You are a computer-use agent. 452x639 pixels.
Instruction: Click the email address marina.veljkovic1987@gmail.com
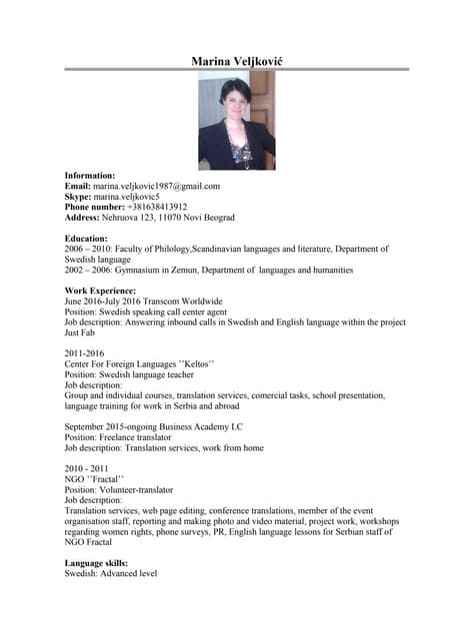pyautogui.click(x=156, y=186)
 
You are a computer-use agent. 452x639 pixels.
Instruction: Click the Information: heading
pyautogui.click(x=90, y=175)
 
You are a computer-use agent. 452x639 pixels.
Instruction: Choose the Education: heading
pyautogui.click(x=86, y=239)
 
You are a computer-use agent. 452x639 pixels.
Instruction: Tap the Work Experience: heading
pyautogui.click(x=100, y=291)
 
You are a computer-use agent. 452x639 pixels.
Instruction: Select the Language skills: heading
pyautogui.click(x=97, y=563)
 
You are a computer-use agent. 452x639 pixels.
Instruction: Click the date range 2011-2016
pyautogui.click(x=84, y=353)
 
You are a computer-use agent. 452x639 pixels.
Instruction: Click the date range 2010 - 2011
pyautogui.click(x=86, y=468)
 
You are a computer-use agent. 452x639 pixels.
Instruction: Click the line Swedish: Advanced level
pyautogui.click(x=111, y=574)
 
